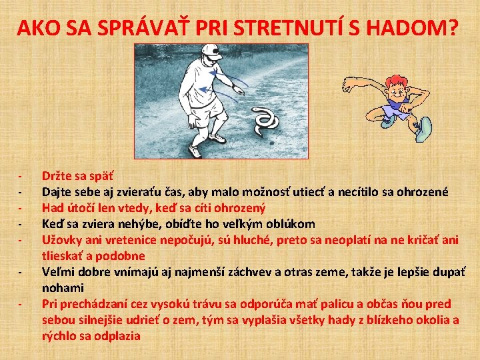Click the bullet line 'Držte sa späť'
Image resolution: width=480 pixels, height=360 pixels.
(x=77, y=176)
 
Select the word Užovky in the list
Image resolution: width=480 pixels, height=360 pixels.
(x=62, y=240)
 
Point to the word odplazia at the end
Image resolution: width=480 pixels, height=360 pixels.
(x=117, y=336)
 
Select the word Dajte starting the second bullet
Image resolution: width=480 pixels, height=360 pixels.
(x=58, y=192)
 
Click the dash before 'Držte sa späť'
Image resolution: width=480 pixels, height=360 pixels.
(x=21, y=177)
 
